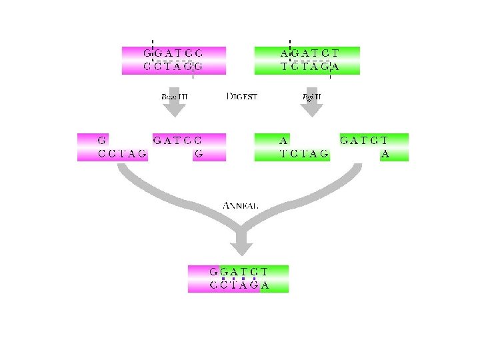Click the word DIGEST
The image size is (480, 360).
(242, 97)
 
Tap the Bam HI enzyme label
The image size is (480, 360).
(175, 97)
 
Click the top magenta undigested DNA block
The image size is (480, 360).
(174, 59)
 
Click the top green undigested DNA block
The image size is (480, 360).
(307, 59)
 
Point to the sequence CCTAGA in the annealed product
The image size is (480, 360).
(239, 286)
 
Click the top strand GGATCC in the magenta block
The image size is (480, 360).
(173, 53)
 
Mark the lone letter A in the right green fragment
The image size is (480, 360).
(385, 155)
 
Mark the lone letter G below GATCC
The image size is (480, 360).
(198, 155)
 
